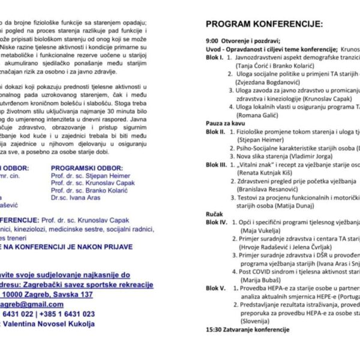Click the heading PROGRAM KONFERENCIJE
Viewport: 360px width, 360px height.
pos(264,24)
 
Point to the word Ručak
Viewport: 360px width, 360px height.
pos(214,213)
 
